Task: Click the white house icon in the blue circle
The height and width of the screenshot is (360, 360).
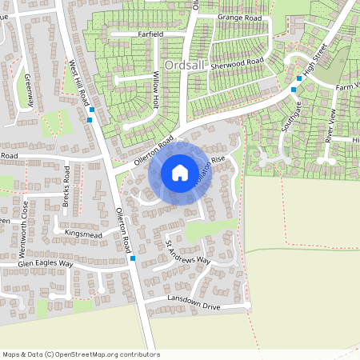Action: pos(180,173)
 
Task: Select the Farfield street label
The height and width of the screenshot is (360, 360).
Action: pos(150,34)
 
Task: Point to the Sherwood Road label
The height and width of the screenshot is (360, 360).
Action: pos(237,62)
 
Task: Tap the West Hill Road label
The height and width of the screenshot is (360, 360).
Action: pos(78,82)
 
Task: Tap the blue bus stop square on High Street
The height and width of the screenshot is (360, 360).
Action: pos(299,78)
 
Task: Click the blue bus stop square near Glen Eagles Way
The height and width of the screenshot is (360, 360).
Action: pos(132,258)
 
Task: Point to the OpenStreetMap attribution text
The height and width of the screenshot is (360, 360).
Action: pos(81,354)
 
